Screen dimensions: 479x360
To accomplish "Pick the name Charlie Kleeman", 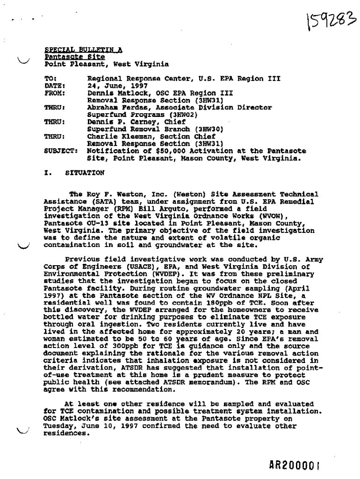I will click(116, 136).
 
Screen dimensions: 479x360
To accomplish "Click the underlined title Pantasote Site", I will click(75, 57).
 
